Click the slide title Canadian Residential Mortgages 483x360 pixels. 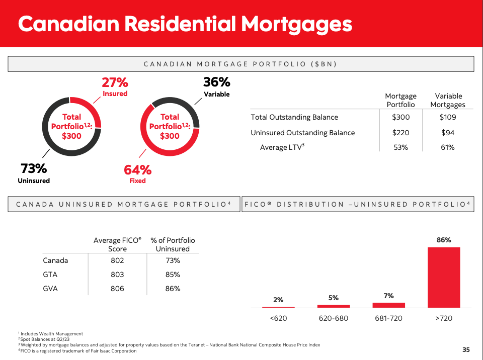point(185,24)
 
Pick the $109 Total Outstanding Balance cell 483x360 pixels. point(447,117)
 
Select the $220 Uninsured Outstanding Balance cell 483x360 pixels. point(400,133)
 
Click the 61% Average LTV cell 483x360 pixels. point(447,147)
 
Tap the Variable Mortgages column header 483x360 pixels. point(448,100)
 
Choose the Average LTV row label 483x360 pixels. point(282,147)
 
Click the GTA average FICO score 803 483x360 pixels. point(117,275)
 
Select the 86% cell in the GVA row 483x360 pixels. point(173,289)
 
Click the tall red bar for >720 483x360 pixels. point(443,277)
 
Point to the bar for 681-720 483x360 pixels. point(388,305)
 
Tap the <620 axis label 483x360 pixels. point(278,318)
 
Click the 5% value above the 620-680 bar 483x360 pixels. point(333,298)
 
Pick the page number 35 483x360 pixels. point(466,350)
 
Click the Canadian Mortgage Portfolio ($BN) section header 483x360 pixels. point(240,64)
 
